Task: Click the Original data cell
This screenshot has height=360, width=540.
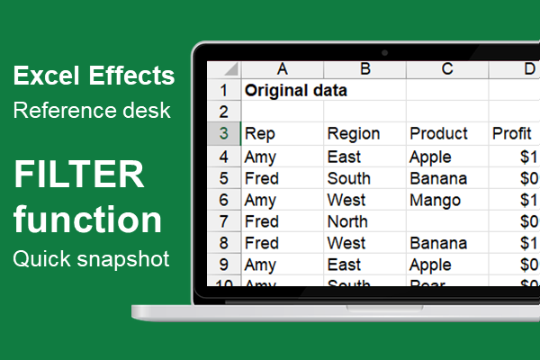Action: click(296, 91)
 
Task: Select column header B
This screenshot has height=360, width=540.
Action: click(364, 69)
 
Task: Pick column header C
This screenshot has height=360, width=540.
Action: click(447, 69)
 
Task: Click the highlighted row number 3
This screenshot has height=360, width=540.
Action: click(223, 134)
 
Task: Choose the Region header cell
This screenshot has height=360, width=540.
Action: click(354, 134)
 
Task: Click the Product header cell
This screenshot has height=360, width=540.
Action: click(440, 134)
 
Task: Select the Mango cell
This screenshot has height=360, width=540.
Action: click(435, 200)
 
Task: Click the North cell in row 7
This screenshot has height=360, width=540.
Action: click(347, 221)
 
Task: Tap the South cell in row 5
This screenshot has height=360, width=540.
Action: click(349, 178)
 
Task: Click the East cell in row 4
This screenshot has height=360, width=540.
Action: click(344, 157)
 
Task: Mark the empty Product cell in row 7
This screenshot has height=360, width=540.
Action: click(447, 221)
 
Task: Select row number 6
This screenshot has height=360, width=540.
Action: click(223, 200)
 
